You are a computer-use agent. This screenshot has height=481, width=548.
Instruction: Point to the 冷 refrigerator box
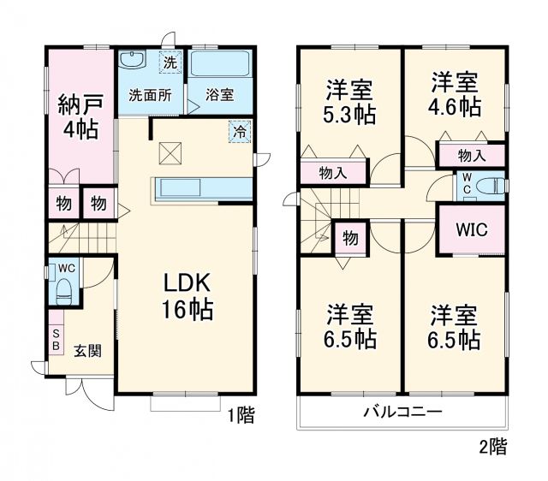[240, 132]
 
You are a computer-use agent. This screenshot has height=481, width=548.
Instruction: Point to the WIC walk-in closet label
[469, 229]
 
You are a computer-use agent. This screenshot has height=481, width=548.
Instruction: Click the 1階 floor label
[241, 416]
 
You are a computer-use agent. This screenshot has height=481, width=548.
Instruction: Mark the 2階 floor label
[492, 446]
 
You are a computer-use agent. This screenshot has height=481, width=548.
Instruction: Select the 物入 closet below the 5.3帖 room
[333, 172]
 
